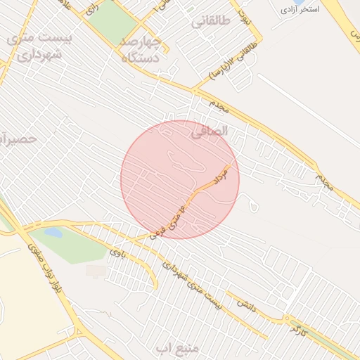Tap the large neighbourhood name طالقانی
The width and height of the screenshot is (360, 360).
[210, 22]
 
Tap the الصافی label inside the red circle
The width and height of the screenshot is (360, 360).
[211, 130]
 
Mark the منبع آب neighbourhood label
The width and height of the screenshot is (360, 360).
[173, 348]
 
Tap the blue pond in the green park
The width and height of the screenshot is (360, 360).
[53, 232]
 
